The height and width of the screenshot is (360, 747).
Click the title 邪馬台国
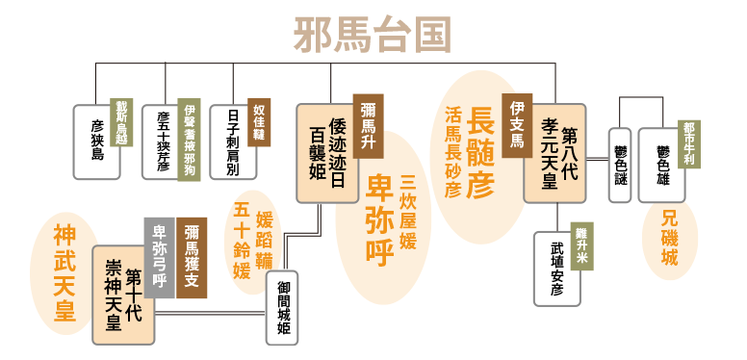373,34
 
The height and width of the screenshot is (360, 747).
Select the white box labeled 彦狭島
96,141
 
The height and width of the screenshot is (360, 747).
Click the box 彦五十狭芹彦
163,141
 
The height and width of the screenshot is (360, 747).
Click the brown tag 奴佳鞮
259,122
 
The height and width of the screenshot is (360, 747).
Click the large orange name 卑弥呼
374,219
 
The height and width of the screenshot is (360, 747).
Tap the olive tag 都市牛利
687,141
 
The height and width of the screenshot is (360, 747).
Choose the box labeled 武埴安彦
557,269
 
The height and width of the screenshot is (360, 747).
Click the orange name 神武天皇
64,272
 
